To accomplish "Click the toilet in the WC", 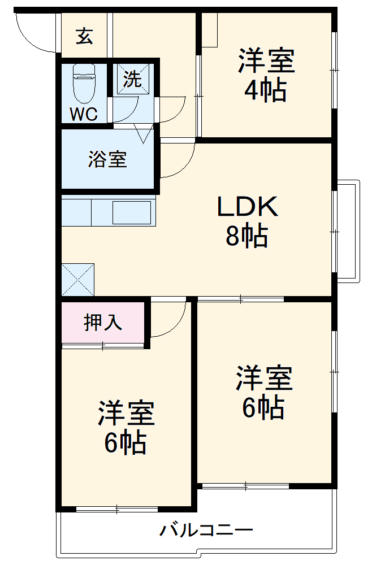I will click(x=85, y=82).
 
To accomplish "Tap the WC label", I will click(x=84, y=114).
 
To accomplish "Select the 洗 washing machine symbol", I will click(x=133, y=79).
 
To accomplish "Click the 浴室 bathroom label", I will click(x=107, y=160).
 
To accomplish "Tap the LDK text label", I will click(x=248, y=207).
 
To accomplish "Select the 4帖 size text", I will click(x=265, y=90).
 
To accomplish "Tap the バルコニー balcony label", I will click(x=206, y=531).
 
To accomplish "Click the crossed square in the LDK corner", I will click(x=78, y=279).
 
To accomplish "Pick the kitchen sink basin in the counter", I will click(x=132, y=213).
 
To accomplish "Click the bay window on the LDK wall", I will click(x=347, y=231).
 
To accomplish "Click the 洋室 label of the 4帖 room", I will click(x=266, y=60).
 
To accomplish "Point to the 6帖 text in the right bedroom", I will click(x=263, y=407).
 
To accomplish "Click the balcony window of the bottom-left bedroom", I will click(x=117, y=510).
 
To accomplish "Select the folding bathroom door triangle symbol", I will click(x=143, y=134).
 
